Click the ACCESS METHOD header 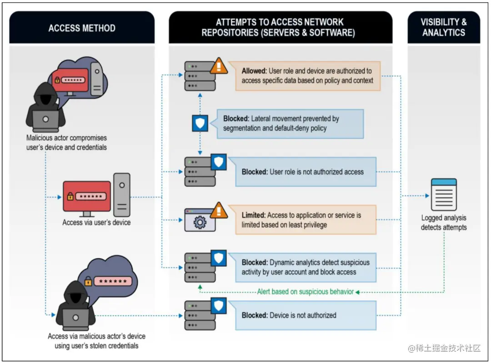82,28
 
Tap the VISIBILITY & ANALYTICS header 443,27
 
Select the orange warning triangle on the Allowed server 219,66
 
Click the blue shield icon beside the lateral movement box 200,123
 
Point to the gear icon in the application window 200,222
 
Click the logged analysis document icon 443,195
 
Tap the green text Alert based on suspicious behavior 305,292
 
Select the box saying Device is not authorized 306,315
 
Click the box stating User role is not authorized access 306,172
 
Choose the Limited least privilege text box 306,220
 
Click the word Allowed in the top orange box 254,71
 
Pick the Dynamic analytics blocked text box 306,267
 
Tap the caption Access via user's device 96,222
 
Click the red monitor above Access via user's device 87,197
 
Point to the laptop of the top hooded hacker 45,120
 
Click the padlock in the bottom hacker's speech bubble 89,282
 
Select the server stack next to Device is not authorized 200,315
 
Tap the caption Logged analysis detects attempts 443,222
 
